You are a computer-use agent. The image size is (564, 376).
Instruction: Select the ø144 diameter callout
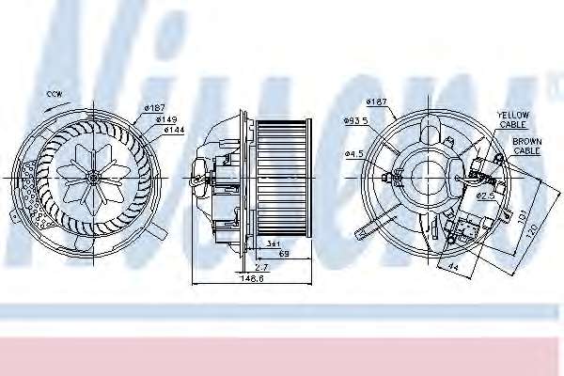[x=173, y=130]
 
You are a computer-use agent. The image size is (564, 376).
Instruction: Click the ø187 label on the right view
[x=376, y=102]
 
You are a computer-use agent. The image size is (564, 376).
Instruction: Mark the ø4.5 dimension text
[x=353, y=153]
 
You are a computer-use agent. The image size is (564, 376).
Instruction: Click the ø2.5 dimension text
[x=485, y=196]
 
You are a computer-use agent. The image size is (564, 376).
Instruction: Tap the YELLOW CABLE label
[x=513, y=119]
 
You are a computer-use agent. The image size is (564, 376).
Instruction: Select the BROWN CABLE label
[x=526, y=146]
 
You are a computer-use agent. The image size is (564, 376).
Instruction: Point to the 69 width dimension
[x=282, y=254]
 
